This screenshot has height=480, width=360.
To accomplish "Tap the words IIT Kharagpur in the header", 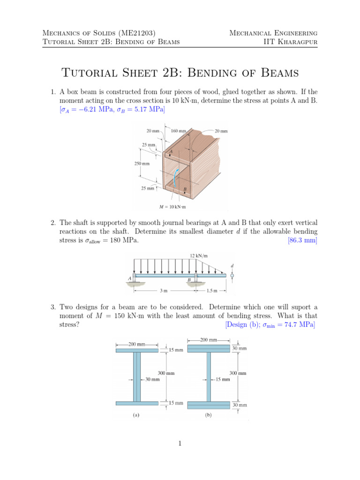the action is coord(291,42).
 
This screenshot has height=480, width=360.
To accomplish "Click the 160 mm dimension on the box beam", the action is coord(180,131).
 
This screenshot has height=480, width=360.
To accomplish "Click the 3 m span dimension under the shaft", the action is coord(163,291).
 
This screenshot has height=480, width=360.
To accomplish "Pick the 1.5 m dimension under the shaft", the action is coord(212,291).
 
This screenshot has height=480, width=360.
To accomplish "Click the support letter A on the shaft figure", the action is coord(129,278).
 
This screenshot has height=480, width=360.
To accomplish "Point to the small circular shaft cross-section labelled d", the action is coord(232,276).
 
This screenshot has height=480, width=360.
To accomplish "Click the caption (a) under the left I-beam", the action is coord(136,414).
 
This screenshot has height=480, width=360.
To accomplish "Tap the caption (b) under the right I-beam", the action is coord(208,414).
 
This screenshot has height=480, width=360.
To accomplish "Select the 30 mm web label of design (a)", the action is coord(152,380).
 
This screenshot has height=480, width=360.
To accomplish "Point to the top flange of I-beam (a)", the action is coord(136,350).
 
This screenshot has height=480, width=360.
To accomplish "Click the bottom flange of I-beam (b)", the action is coord(208,404).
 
